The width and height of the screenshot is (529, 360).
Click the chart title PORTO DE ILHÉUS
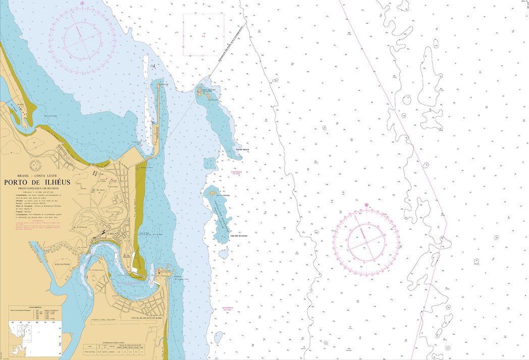coord(37,182)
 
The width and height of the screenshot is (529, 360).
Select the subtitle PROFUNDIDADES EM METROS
coord(38,188)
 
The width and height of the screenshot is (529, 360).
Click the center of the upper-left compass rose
coord(82,40)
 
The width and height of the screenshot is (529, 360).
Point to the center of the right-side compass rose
coord(366,241)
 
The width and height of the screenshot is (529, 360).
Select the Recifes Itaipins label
coord(243,149)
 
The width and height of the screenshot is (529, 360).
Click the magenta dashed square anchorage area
coord(203,35)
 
